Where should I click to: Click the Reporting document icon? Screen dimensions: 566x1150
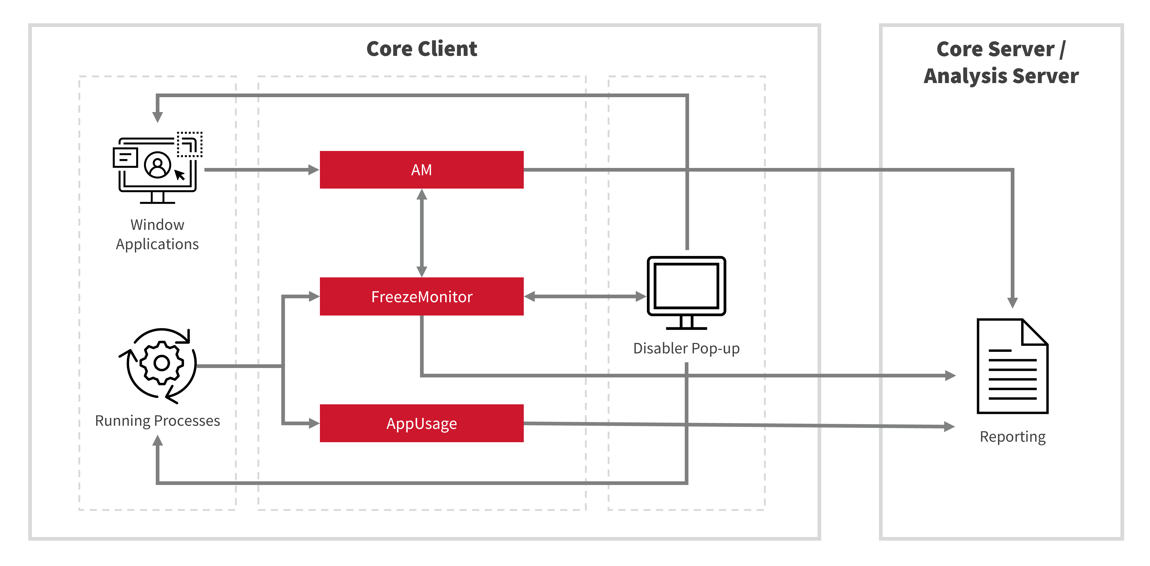point(1012,366)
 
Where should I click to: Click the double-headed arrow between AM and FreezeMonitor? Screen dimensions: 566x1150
point(421,233)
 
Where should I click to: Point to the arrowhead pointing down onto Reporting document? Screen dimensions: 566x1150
point(1012,302)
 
